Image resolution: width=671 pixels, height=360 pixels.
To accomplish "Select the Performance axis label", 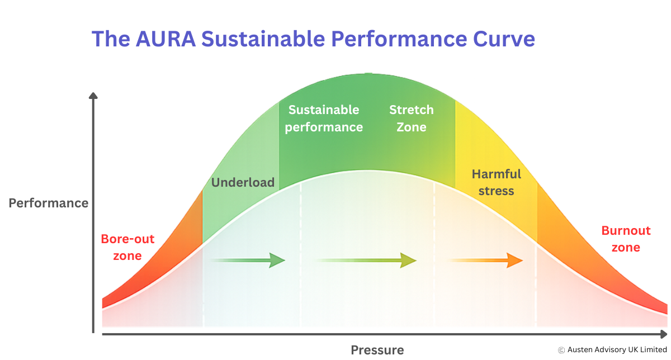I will [49, 203].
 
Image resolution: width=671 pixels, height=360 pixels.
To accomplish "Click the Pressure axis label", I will [377, 350].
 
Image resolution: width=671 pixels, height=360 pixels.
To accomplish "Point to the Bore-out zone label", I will [127, 248].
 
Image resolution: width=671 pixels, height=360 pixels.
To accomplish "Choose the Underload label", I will [243, 182].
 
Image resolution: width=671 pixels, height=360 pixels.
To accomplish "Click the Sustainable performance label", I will [324, 119].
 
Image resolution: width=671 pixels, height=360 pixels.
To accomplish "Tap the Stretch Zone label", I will [412, 119].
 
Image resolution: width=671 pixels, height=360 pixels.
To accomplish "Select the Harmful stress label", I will [496, 182].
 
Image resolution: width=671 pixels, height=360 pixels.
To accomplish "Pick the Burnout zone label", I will [626, 239].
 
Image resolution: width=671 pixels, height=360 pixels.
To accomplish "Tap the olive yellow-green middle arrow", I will [367, 260].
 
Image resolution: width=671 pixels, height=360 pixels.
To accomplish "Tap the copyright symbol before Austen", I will [561, 350].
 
